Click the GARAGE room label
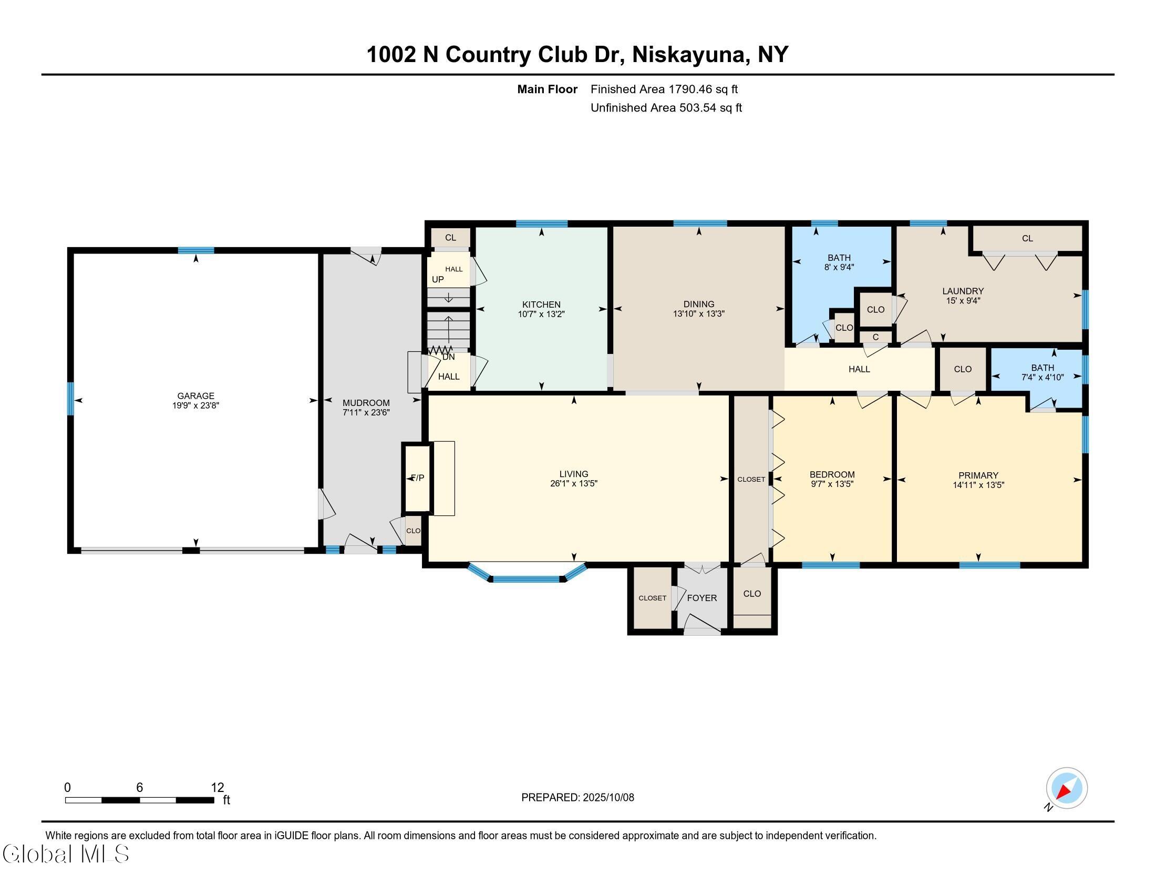195,395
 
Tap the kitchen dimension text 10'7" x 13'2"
541,314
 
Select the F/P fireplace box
418,478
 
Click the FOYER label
702,598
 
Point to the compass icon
1066,788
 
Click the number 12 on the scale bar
218,788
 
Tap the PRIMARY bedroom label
978,475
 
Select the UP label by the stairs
438,280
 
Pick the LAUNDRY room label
962,291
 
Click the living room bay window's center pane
526,579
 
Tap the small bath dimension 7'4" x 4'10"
1042,378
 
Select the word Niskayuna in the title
689,55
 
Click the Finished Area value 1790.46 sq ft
703,89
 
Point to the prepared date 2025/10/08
607,798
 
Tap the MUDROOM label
366,403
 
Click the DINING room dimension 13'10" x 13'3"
698,314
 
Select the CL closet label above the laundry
1027,239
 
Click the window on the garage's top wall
196,250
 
